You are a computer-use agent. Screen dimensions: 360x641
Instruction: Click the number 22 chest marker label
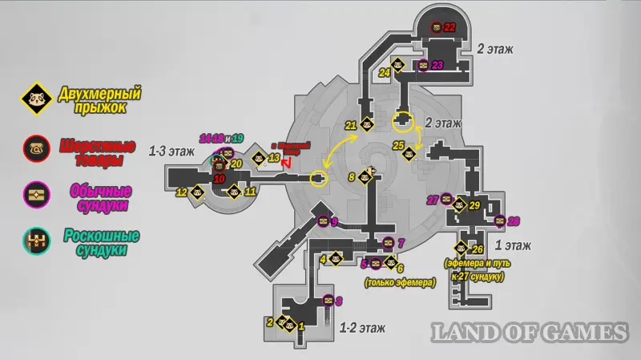(450, 27)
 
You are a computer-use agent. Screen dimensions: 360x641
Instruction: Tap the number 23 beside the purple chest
(437, 65)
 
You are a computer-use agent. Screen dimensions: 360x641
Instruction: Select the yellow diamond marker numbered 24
(397, 65)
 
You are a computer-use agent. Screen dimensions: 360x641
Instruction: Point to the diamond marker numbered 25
(410, 146)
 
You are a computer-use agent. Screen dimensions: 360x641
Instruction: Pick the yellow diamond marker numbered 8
(363, 177)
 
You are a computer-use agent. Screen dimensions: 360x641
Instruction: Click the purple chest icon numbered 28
(500, 221)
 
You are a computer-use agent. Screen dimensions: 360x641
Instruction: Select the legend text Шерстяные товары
(90, 152)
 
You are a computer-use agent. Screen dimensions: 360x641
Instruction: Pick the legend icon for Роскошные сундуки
(35, 241)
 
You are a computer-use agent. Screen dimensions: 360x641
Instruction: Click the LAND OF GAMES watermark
(530, 331)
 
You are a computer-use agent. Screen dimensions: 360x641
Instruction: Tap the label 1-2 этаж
(363, 327)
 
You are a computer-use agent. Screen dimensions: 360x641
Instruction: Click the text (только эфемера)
(399, 282)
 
